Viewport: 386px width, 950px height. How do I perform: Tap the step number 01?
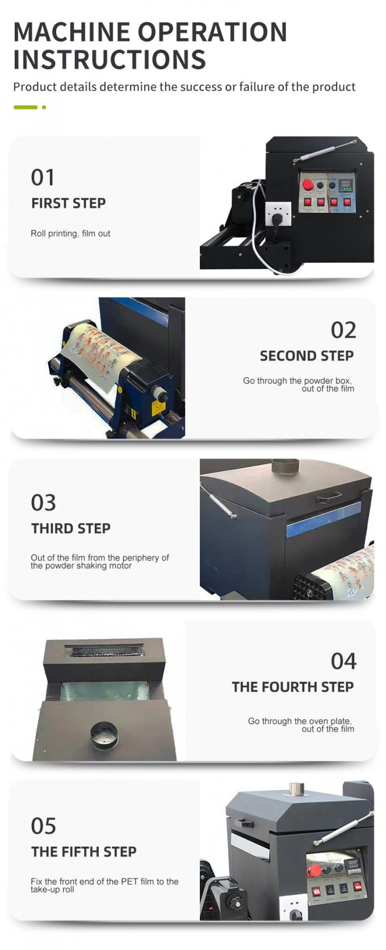43,177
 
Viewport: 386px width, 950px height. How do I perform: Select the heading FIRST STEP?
69,203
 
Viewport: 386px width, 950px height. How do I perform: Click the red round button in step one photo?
308,185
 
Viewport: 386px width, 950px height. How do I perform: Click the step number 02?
343,330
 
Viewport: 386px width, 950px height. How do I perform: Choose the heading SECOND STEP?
307,356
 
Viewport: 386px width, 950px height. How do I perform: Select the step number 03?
44,503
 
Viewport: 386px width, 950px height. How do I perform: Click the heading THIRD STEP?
71,528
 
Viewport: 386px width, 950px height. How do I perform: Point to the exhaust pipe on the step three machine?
286,466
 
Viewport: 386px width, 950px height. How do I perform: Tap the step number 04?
343,661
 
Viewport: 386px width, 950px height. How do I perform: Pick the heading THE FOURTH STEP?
292,687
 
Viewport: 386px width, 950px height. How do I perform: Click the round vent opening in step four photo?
104,735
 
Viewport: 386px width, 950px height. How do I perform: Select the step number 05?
44,826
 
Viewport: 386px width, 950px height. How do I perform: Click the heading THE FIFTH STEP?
84,852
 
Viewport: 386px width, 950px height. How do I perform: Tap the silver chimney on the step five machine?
296,789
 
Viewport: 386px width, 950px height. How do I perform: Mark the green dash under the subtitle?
26,107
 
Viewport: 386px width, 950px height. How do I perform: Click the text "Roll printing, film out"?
70,234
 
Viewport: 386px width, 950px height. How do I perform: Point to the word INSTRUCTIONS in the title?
110,60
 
